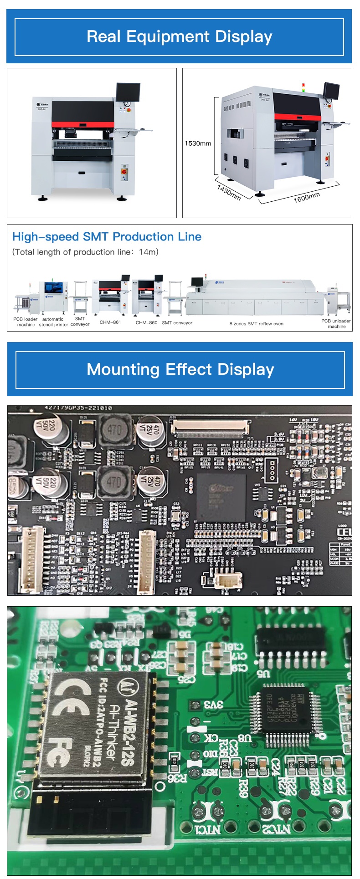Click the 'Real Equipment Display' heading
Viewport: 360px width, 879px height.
tap(180, 36)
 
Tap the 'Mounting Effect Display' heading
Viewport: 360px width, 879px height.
tap(180, 369)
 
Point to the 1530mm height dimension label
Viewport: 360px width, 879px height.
tap(198, 143)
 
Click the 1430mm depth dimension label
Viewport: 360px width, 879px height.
tap(229, 193)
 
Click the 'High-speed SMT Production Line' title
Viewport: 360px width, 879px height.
tap(107, 237)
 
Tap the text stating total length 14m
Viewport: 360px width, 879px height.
tap(85, 252)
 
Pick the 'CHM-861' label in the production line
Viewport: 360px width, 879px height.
tap(110, 322)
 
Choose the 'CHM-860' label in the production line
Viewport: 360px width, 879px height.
tap(146, 322)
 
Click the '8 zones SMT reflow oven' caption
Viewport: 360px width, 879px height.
tap(256, 324)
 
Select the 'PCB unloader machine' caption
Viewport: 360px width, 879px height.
tap(336, 323)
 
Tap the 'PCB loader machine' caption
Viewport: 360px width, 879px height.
tap(25, 322)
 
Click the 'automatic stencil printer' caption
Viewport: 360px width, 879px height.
tap(53, 322)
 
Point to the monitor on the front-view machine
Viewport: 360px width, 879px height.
tap(128, 92)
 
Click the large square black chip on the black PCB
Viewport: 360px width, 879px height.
tap(221, 497)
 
